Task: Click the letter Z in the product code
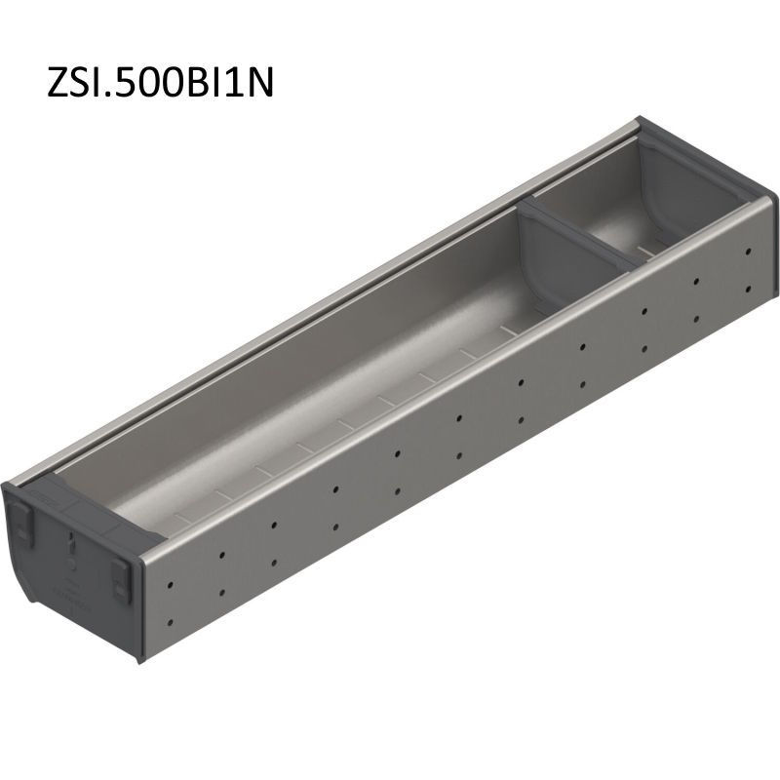coord(59,82)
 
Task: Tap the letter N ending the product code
coord(260,82)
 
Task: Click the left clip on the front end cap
coord(21,521)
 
